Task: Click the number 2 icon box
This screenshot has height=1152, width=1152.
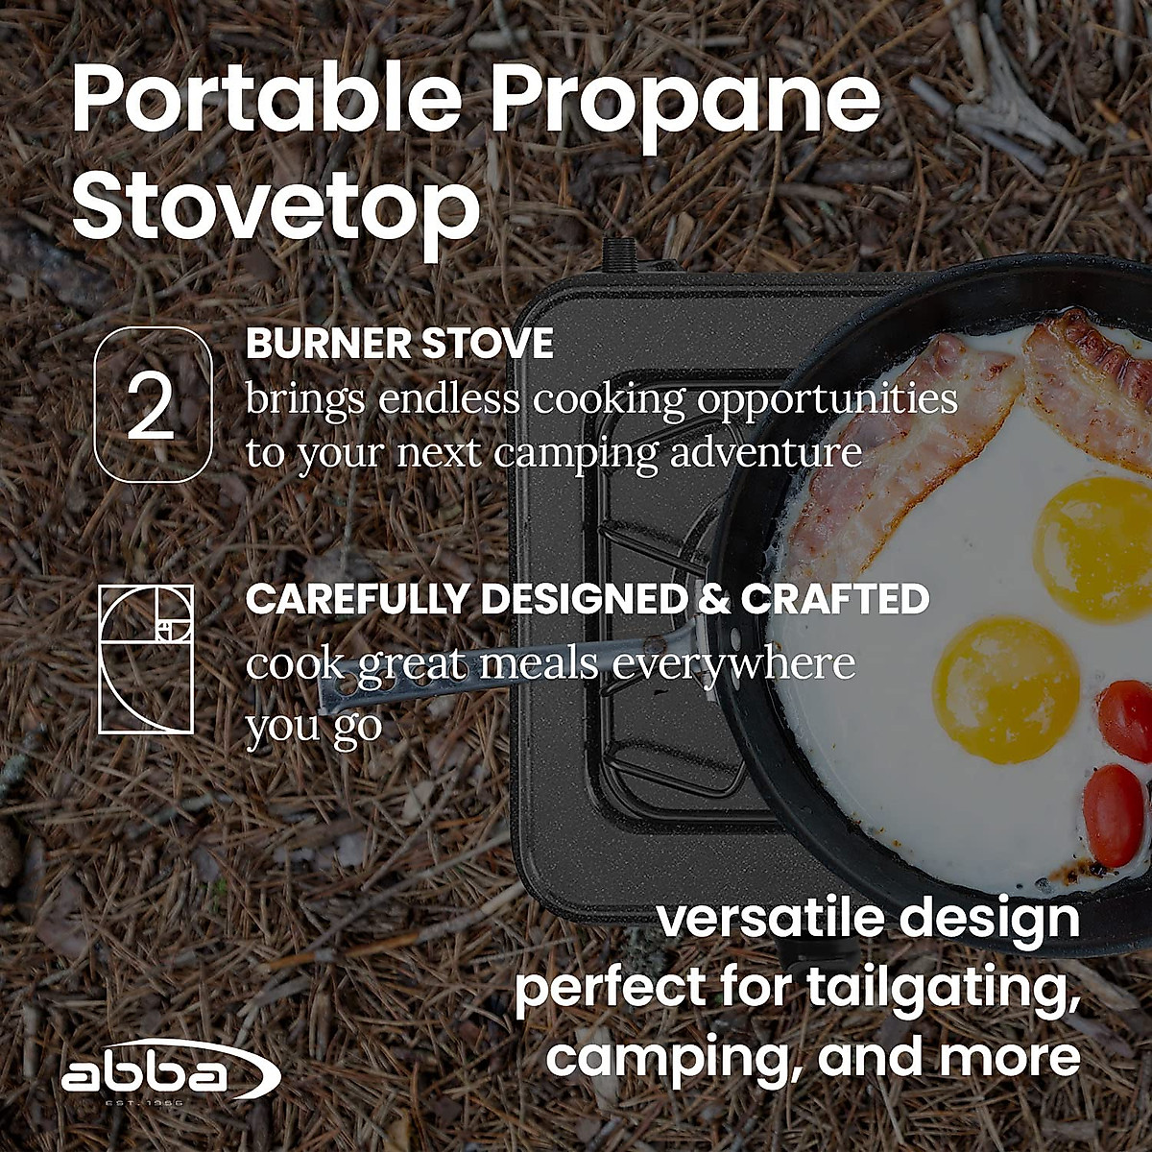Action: click(x=153, y=404)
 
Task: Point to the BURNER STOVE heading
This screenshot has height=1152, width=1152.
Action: click(x=399, y=345)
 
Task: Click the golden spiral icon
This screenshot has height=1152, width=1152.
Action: click(x=146, y=659)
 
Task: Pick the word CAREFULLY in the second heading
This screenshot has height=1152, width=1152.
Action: click(x=358, y=599)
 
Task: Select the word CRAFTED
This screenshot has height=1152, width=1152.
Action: click(x=834, y=599)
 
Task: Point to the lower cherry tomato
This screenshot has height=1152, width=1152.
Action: click(x=1114, y=814)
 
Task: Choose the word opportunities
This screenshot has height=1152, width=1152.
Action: click(x=828, y=398)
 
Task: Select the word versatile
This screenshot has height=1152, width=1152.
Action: click(x=765, y=918)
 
